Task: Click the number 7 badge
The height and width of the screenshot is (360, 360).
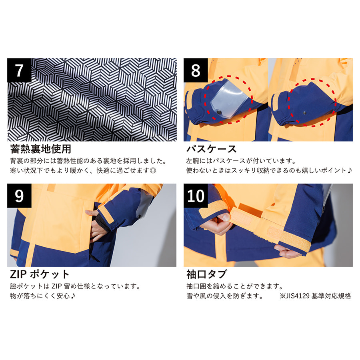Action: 19,70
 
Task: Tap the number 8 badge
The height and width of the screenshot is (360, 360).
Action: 196,70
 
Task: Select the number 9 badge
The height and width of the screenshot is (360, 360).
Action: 19,196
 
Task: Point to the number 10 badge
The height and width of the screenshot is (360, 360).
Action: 196,196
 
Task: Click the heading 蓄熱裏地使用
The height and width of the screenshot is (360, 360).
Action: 41,149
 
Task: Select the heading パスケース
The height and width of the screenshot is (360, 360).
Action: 211,149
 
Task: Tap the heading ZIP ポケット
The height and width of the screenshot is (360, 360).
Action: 40,274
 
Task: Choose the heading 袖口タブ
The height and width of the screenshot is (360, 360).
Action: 206,274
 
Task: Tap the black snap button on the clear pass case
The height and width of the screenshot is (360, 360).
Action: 220,112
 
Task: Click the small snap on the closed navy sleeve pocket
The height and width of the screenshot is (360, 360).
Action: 304,113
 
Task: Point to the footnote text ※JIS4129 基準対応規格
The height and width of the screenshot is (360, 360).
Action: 316,296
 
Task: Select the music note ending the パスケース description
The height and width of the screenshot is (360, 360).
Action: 350,170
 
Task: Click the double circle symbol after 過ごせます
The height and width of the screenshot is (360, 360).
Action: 153,170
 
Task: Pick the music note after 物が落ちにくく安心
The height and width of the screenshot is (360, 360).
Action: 72,296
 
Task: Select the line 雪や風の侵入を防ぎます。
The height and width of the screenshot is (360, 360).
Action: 225,296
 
